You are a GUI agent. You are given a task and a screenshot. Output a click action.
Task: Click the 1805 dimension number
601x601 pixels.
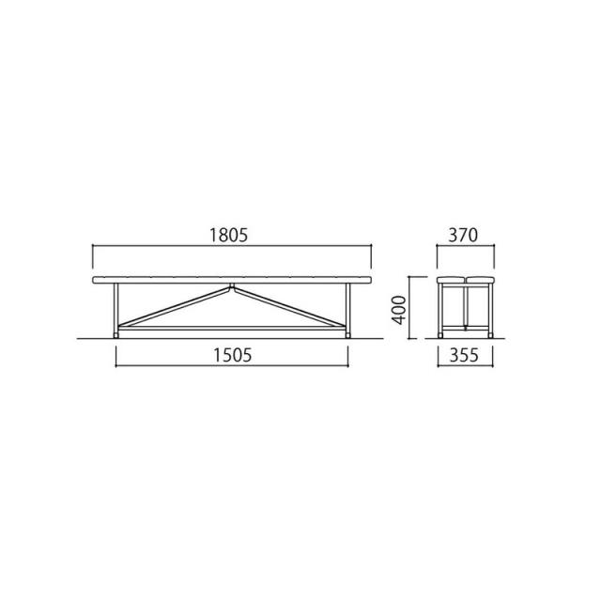229,236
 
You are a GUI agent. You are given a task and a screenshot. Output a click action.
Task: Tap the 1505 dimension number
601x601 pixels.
232,355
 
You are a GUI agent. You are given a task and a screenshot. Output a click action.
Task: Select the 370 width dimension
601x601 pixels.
463,236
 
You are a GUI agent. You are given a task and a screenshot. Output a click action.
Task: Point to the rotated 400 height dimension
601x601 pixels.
399,310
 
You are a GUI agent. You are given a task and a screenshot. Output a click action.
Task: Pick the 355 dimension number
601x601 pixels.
464,355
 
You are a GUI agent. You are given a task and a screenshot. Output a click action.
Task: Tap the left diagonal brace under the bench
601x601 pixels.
175,307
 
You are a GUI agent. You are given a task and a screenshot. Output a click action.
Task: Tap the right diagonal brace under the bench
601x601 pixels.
290,307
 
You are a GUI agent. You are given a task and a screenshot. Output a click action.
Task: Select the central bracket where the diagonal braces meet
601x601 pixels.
232,285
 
